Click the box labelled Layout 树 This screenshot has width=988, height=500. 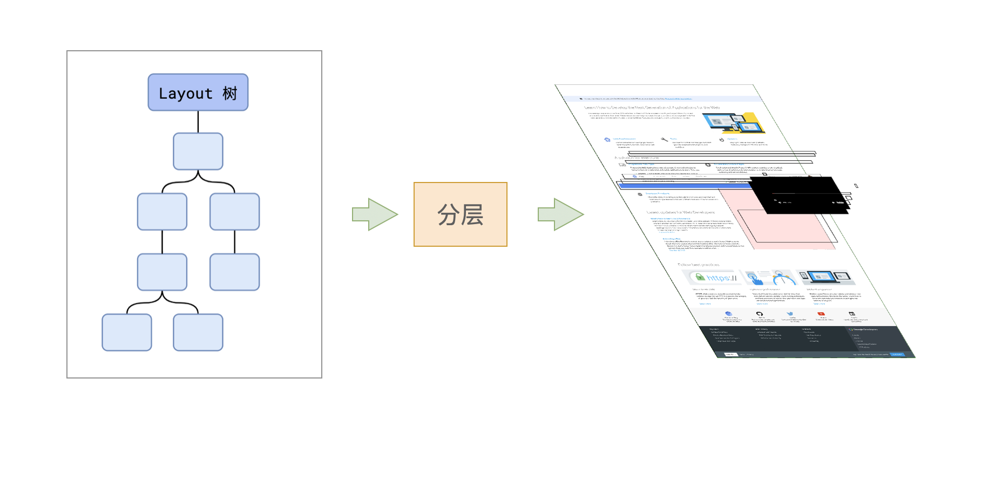[x=198, y=92]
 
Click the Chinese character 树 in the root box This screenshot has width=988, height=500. [x=230, y=93]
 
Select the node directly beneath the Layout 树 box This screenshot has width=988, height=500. [x=198, y=151]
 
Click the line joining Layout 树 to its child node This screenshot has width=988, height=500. [x=198, y=122]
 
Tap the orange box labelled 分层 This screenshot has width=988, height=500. [x=460, y=214]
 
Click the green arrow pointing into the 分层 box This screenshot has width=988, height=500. [x=374, y=214]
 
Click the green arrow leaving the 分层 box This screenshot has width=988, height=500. [x=560, y=214]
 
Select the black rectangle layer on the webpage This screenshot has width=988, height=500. [x=799, y=195]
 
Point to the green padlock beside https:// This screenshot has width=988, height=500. [x=700, y=277]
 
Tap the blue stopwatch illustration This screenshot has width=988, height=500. [x=782, y=279]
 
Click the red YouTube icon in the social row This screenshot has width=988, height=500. [x=821, y=314]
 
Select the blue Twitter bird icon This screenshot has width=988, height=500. [x=790, y=314]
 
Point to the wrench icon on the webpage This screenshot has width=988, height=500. [x=664, y=140]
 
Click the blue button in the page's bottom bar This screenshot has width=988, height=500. [x=897, y=354]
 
